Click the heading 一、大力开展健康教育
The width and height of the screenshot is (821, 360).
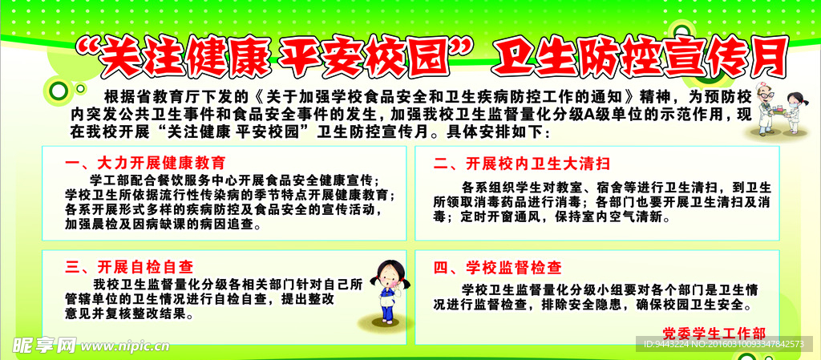coord(146,163)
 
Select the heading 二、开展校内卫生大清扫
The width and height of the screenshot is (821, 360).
coord(522,164)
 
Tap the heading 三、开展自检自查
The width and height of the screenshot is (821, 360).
coord(129,267)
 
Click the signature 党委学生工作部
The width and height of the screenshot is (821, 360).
coord(714,334)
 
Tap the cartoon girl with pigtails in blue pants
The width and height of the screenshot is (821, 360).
coord(389,292)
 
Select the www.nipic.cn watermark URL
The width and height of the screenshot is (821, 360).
coord(124,346)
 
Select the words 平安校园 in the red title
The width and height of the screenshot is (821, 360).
coord(363,57)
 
